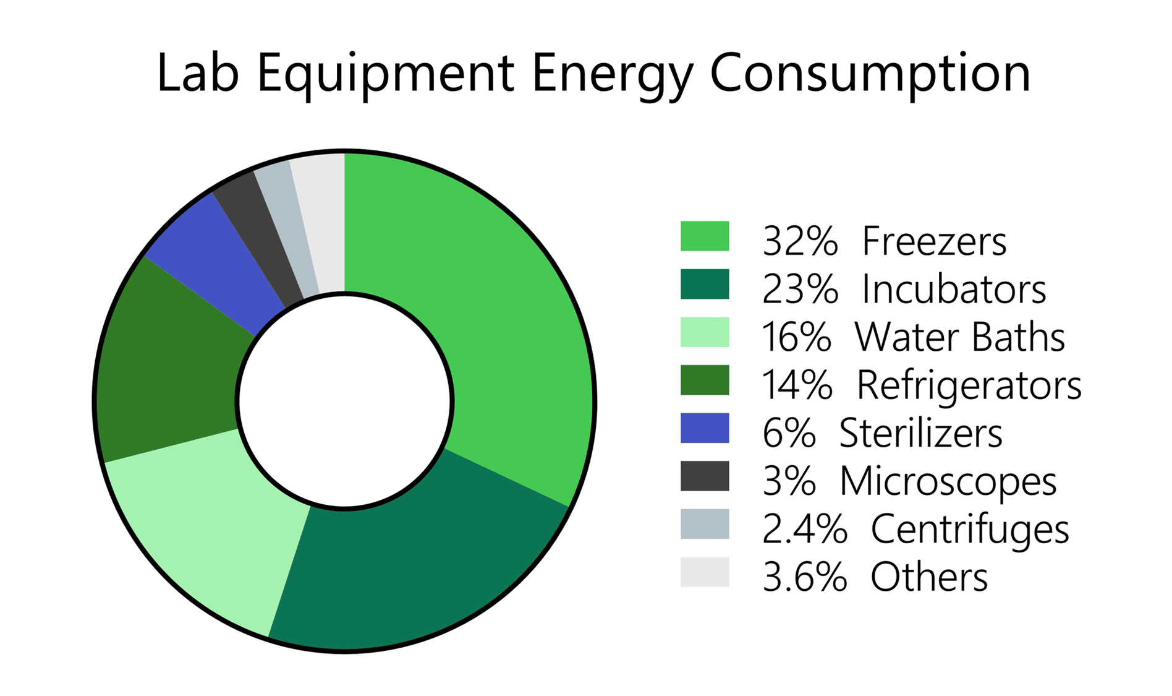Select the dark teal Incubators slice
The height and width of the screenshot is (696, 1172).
[x=408, y=569]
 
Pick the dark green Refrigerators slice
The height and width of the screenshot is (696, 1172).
[x=167, y=371]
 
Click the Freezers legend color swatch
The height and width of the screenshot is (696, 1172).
[x=704, y=236]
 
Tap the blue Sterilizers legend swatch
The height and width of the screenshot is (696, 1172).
[x=704, y=428]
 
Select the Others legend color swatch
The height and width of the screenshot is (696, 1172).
[x=704, y=572]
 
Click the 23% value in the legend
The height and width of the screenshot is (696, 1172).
[x=800, y=289]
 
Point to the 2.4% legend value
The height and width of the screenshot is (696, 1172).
[x=804, y=530]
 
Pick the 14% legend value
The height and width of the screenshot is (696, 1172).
[x=797, y=385]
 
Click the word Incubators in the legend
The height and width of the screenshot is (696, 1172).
[x=954, y=289]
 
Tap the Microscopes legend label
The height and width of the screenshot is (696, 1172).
[x=948, y=481]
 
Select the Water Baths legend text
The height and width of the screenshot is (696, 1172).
[x=959, y=337]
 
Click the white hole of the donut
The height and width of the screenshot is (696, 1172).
[x=344, y=401]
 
